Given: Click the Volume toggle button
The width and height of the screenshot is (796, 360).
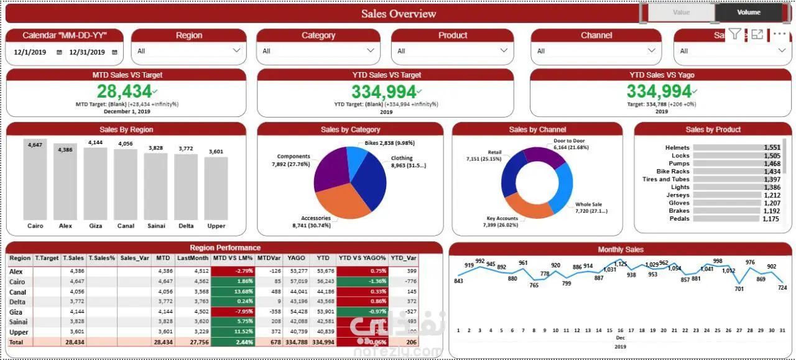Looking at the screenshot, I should pos(749,12).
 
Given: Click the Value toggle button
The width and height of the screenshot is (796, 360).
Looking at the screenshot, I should pos(681,12).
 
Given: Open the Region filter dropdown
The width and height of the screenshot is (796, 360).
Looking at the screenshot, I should pos(188,51).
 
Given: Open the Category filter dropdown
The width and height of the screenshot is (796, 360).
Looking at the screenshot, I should pos(318,51).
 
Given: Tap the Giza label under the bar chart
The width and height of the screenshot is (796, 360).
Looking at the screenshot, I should pos(95,226).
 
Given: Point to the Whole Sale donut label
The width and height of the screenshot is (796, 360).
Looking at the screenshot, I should pos(588,205).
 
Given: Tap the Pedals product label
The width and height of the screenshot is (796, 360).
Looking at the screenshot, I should pos(679,219).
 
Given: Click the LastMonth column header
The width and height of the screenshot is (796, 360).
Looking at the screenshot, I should pos(192,258).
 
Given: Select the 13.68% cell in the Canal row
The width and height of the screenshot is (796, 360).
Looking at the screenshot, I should pos(233,292).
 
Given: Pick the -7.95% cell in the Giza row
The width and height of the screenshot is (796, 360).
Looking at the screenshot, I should pos(233,312).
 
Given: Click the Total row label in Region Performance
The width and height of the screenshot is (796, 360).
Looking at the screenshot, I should pos(17,342).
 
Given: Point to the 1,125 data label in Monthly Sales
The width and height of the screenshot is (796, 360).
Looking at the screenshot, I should pos(621,264).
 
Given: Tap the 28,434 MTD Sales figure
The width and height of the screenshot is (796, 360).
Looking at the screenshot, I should pos(124,91).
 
